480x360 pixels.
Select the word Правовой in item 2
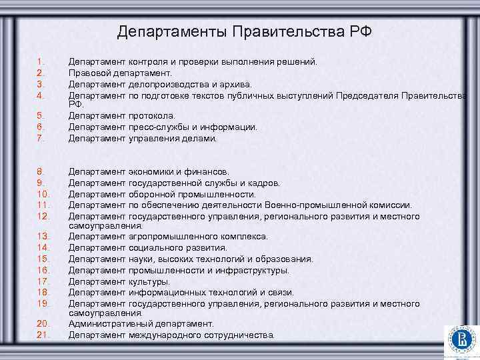pos(90,73)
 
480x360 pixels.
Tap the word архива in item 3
pos(236,84)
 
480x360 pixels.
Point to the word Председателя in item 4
pos(370,95)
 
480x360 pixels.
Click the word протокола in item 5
pos(151,115)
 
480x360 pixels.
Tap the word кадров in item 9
pos(265,183)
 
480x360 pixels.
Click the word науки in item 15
pos(141,259)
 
